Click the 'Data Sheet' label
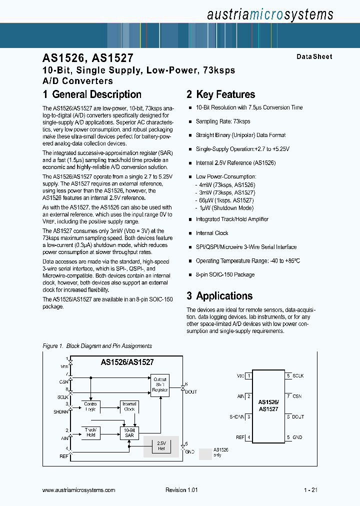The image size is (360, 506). coord(314,57)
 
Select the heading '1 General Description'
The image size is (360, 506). coord(92,94)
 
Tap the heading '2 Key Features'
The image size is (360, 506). coord(220,94)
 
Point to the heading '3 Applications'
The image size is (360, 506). coord(219,295)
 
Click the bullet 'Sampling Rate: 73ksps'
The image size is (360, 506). coord(223,121)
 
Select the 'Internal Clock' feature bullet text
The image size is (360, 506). coord(212,233)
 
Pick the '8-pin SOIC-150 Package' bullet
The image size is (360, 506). coord(225,274)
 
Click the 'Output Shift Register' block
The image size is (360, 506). coord(160,384)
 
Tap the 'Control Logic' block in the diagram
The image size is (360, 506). coord(90,406)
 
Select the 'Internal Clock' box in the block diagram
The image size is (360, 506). coord(129,406)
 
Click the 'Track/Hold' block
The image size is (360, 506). coord(90,432)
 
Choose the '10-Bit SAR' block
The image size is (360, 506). coord(129,432)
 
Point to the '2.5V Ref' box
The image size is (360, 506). coord(161,445)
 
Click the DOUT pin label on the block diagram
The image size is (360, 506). coord(191,392)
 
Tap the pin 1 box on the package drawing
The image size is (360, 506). coord(248,375)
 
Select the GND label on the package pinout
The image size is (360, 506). coord(298,437)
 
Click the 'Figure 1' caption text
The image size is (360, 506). coord(97,346)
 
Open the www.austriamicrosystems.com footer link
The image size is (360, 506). coord(79,490)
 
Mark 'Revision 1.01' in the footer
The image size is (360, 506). coord(181,490)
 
